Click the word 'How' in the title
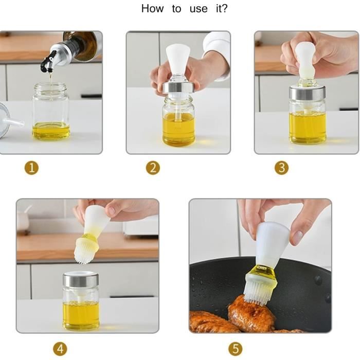click(x=152, y=9)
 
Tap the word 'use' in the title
click(x=199, y=9)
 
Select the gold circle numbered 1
click(x=32, y=168)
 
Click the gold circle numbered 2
click(x=153, y=168)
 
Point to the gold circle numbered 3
click(x=281, y=168)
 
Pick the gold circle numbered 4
click(x=60, y=349)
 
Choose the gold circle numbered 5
click(x=236, y=349)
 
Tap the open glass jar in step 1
click(x=51, y=112)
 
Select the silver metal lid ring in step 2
click(x=178, y=88)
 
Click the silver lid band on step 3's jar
click(x=307, y=93)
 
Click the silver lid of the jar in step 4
click(x=81, y=280)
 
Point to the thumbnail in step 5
click(x=298, y=238)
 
